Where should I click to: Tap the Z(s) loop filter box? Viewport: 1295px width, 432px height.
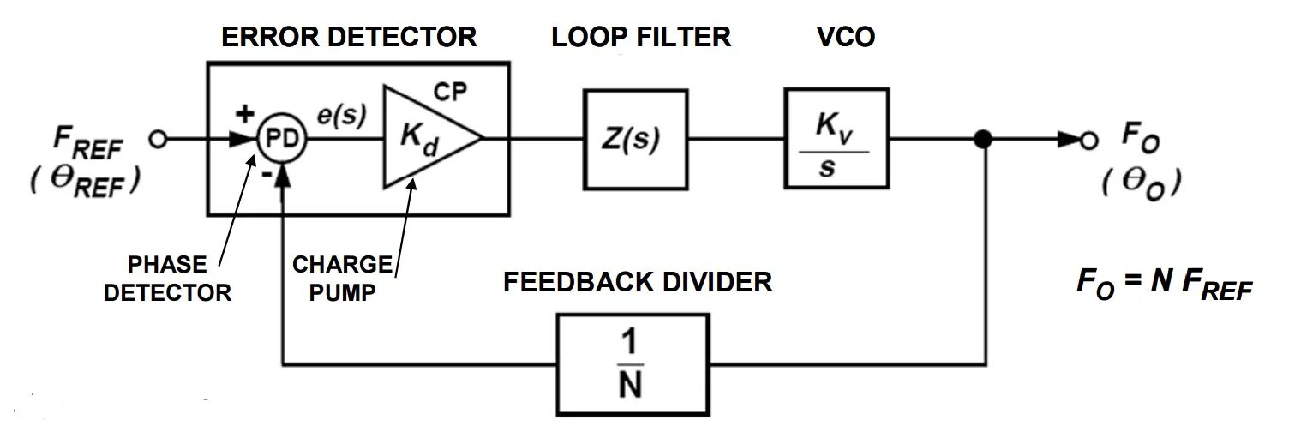coord(635,139)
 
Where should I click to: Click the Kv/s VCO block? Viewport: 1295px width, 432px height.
coord(836,139)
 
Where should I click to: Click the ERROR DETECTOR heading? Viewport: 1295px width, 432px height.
coord(349,37)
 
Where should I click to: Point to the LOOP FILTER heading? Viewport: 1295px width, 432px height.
coord(641,37)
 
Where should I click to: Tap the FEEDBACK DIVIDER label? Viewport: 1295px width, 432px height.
coord(637,281)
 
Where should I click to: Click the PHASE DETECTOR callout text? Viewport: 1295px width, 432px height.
coord(168,278)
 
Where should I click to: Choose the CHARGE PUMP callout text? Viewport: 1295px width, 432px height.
coord(342,278)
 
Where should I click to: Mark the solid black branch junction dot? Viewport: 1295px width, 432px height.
coord(985,139)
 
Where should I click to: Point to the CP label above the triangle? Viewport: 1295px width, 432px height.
coord(451,91)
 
